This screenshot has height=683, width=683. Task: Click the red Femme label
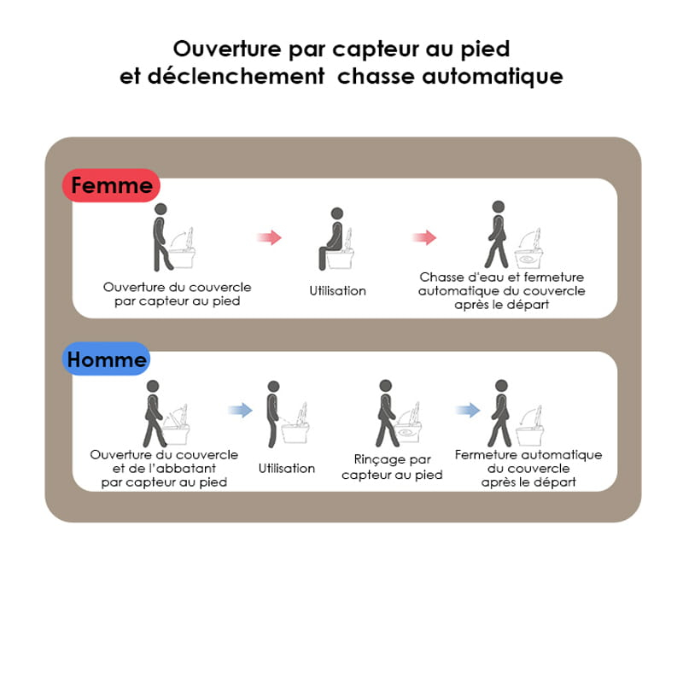coord(111,185)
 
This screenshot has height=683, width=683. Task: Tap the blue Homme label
coord(106,359)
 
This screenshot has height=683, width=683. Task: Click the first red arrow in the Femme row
coord(269,237)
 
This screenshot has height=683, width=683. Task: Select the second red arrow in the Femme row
coord(423,237)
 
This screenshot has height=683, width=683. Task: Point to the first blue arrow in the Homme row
coord(240,410)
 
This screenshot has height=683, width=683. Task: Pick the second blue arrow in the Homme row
coord(467,410)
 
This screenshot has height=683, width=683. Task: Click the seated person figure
coord(331,239)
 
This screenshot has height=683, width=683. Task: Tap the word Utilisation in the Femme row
coord(337,290)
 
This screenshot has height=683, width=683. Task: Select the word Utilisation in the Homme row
coord(287,468)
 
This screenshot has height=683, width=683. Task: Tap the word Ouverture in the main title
coord(227,49)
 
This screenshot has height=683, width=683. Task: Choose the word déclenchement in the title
coord(236,76)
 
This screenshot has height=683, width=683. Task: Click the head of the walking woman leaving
coord(499,207)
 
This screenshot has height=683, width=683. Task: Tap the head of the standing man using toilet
coord(273,387)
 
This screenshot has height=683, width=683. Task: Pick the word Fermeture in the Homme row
coord(484,455)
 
